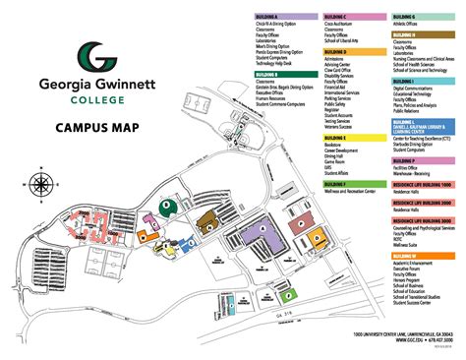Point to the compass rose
(x=41, y=183)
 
